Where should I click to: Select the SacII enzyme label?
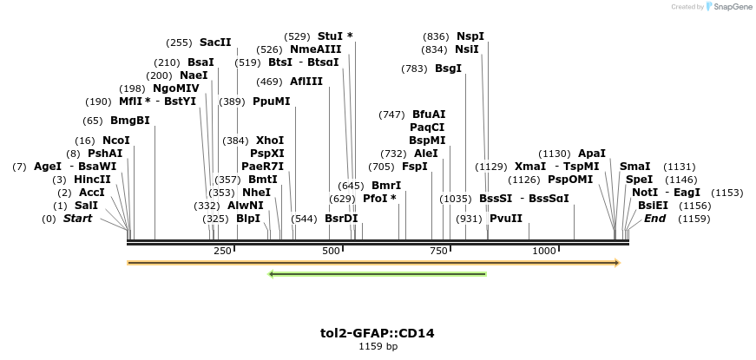point(215,42)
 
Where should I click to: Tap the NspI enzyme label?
point(470,36)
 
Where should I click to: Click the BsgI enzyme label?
point(448,69)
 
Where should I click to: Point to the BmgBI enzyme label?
point(129,121)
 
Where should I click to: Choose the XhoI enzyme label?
point(270,140)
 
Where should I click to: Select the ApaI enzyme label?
point(591,153)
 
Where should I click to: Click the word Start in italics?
point(77,219)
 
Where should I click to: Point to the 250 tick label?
point(222,251)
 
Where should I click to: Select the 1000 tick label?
point(544,251)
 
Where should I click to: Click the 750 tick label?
point(439,251)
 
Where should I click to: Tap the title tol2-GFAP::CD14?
point(378,332)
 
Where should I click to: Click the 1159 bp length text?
point(378,346)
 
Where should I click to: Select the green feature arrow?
point(378,274)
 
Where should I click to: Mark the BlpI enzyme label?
point(248,219)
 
